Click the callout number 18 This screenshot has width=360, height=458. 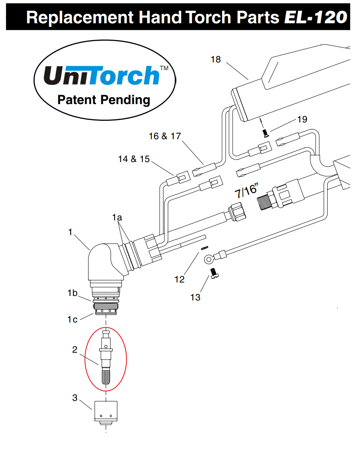point(216,60)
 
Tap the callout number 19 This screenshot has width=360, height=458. point(302,119)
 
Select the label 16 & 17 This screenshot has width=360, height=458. point(164,136)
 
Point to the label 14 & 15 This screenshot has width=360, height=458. point(134,159)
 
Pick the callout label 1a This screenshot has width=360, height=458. point(118,218)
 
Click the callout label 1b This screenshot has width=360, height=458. point(73,293)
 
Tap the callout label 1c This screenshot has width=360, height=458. point(72,319)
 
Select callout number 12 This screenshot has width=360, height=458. point(179,279)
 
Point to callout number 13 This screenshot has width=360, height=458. point(196,297)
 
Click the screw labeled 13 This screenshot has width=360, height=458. point(214,273)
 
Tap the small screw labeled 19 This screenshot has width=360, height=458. point(266,132)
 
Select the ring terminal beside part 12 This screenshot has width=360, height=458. point(209,258)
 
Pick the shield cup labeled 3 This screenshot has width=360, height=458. point(106,412)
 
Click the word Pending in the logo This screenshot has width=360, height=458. point(127,100)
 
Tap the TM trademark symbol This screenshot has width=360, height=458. point(164,69)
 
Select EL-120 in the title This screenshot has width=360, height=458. point(316,17)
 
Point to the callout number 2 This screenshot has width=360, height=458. point(75,350)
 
